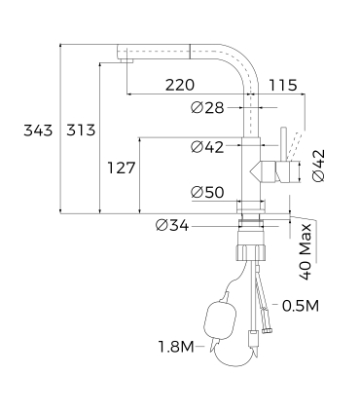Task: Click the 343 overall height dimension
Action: pos(38,129)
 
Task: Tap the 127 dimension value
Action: pos(120,169)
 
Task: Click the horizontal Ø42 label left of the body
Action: pos(208,147)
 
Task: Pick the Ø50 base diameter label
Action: pos(208,192)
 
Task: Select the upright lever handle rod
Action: pos(283,141)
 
